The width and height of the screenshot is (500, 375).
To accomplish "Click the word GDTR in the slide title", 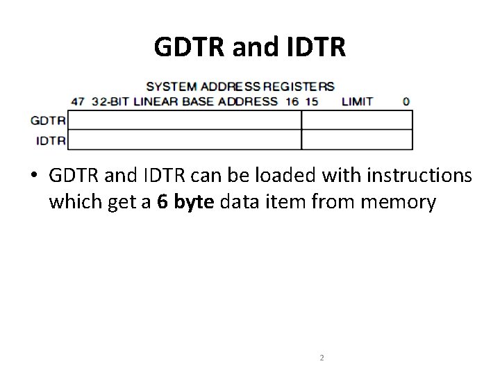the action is [x=186, y=47].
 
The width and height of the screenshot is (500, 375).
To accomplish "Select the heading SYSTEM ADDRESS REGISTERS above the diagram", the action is [x=240, y=87].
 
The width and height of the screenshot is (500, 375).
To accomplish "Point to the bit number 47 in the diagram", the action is [x=78, y=101].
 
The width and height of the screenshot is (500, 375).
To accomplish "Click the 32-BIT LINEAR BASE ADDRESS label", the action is [x=184, y=101].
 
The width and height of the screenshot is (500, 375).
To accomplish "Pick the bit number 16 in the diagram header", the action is [x=291, y=101].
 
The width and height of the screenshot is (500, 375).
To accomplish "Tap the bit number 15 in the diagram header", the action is [x=310, y=101].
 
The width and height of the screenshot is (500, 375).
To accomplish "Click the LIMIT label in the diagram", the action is [x=357, y=101].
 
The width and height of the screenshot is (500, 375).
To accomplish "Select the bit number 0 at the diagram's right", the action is [x=406, y=101].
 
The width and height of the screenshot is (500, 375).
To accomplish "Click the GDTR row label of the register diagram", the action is [x=49, y=120].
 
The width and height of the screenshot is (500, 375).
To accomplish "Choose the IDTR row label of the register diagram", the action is [x=51, y=140].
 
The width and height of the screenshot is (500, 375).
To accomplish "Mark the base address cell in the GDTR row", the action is [x=184, y=120].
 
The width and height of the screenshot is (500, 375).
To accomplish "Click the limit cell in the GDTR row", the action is [x=357, y=120].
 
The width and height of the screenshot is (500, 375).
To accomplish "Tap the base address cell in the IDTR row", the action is [x=184, y=140].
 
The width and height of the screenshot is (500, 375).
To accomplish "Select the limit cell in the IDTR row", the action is [x=357, y=140].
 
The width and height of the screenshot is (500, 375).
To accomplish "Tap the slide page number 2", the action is [x=322, y=358].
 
